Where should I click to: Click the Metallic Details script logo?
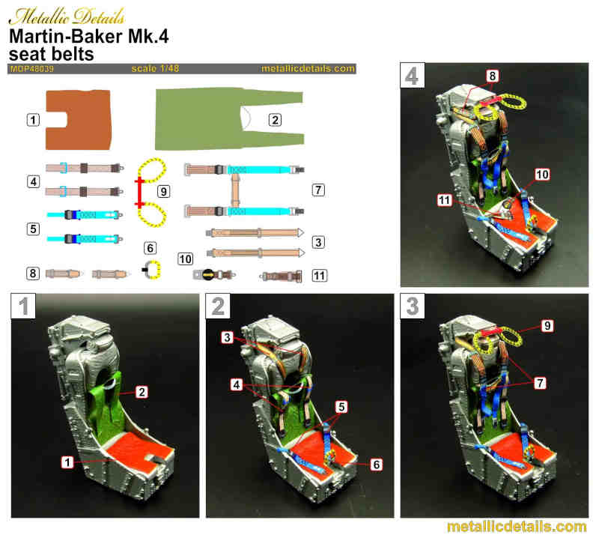[67, 16]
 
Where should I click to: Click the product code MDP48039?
[32, 69]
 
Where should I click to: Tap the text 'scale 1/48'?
[155, 68]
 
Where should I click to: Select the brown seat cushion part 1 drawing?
[79, 120]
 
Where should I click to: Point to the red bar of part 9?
[140, 193]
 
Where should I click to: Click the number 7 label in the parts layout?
[318, 190]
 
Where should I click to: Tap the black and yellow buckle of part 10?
[208, 274]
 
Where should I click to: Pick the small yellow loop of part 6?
[155, 269]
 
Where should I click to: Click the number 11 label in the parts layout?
[320, 275]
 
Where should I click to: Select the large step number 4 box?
[413, 76]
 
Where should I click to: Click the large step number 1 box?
[23, 306]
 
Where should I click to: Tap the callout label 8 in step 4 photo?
[493, 76]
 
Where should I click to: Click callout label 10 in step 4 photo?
[542, 175]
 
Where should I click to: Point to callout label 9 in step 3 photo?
[547, 326]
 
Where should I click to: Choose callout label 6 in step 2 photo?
[377, 465]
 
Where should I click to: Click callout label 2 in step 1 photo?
[142, 392]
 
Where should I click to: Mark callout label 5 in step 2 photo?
[341, 407]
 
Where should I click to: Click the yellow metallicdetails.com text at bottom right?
[517, 527]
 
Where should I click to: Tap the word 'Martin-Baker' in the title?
[66, 37]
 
